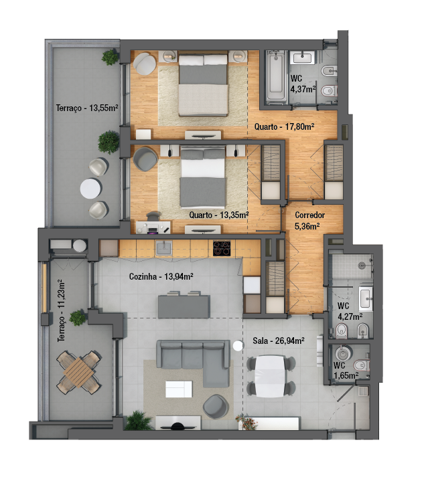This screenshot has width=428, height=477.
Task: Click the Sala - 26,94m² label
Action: pyautogui.click(x=279, y=341)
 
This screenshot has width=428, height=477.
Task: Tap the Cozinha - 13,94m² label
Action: pyautogui.click(x=161, y=276)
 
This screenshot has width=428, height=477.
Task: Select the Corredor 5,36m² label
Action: pyautogui.click(x=309, y=221)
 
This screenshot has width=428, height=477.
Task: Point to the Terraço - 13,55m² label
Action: pyautogui.click(x=87, y=108)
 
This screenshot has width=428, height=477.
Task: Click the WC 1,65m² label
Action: pyautogui.click(x=346, y=370)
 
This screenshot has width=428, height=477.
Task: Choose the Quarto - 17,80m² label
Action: pyautogui.click(x=284, y=126)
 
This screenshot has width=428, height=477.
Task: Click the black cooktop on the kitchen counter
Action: pyautogui.click(x=222, y=248)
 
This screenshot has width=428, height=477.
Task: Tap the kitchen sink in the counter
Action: pyautogui.click(x=164, y=248)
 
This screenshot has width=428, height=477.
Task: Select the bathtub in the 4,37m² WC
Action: pyautogui.click(x=276, y=76)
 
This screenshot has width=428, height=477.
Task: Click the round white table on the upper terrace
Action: pyautogui.click(x=90, y=189)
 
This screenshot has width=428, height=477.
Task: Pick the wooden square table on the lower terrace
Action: pyautogui.click(x=78, y=373)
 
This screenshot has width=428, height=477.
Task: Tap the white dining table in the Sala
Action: pyautogui.click(x=271, y=376)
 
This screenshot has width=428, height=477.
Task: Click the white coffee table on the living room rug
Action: pyautogui.click(x=179, y=389)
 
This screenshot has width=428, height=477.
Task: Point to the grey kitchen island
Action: pyautogui.click(x=184, y=306)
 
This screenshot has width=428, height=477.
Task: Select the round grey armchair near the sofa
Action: pyautogui.click(x=216, y=406)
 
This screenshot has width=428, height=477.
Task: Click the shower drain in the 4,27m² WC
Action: pyautogui.click(x=361, y=266)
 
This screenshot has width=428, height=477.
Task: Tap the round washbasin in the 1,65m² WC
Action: pyautogui.click(x=344, y=353)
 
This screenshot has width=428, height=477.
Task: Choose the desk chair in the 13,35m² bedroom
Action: pyautogui.click(x=153, y=215)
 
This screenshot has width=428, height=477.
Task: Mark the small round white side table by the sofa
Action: pyautogui.click(x=238, y=346)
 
